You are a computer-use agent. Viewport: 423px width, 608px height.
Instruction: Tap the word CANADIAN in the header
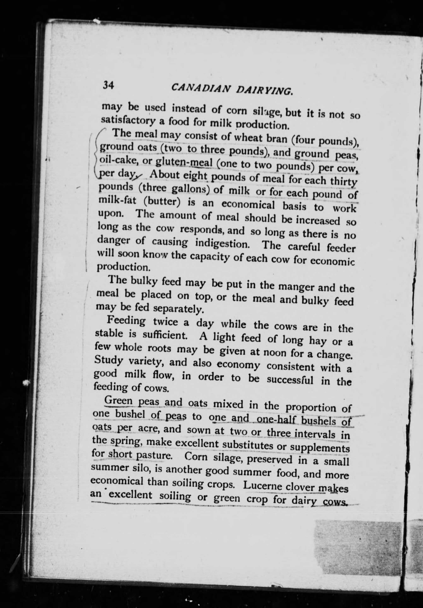(200, 88)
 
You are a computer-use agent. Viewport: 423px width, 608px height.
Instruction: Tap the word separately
(176, 309)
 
